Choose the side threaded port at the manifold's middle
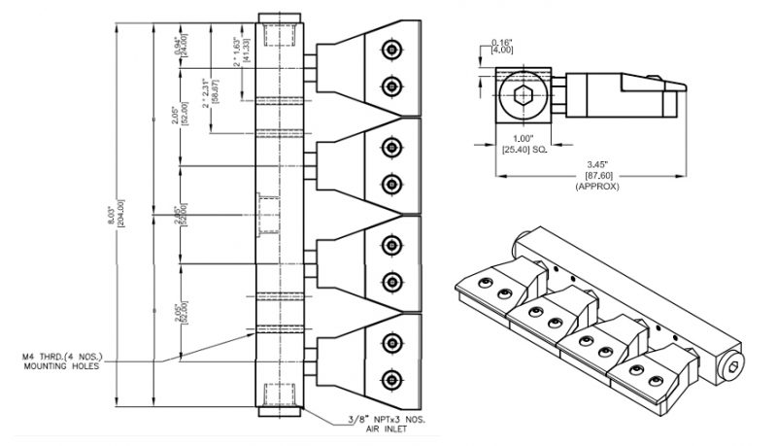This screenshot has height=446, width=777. [x=268, y=214]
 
